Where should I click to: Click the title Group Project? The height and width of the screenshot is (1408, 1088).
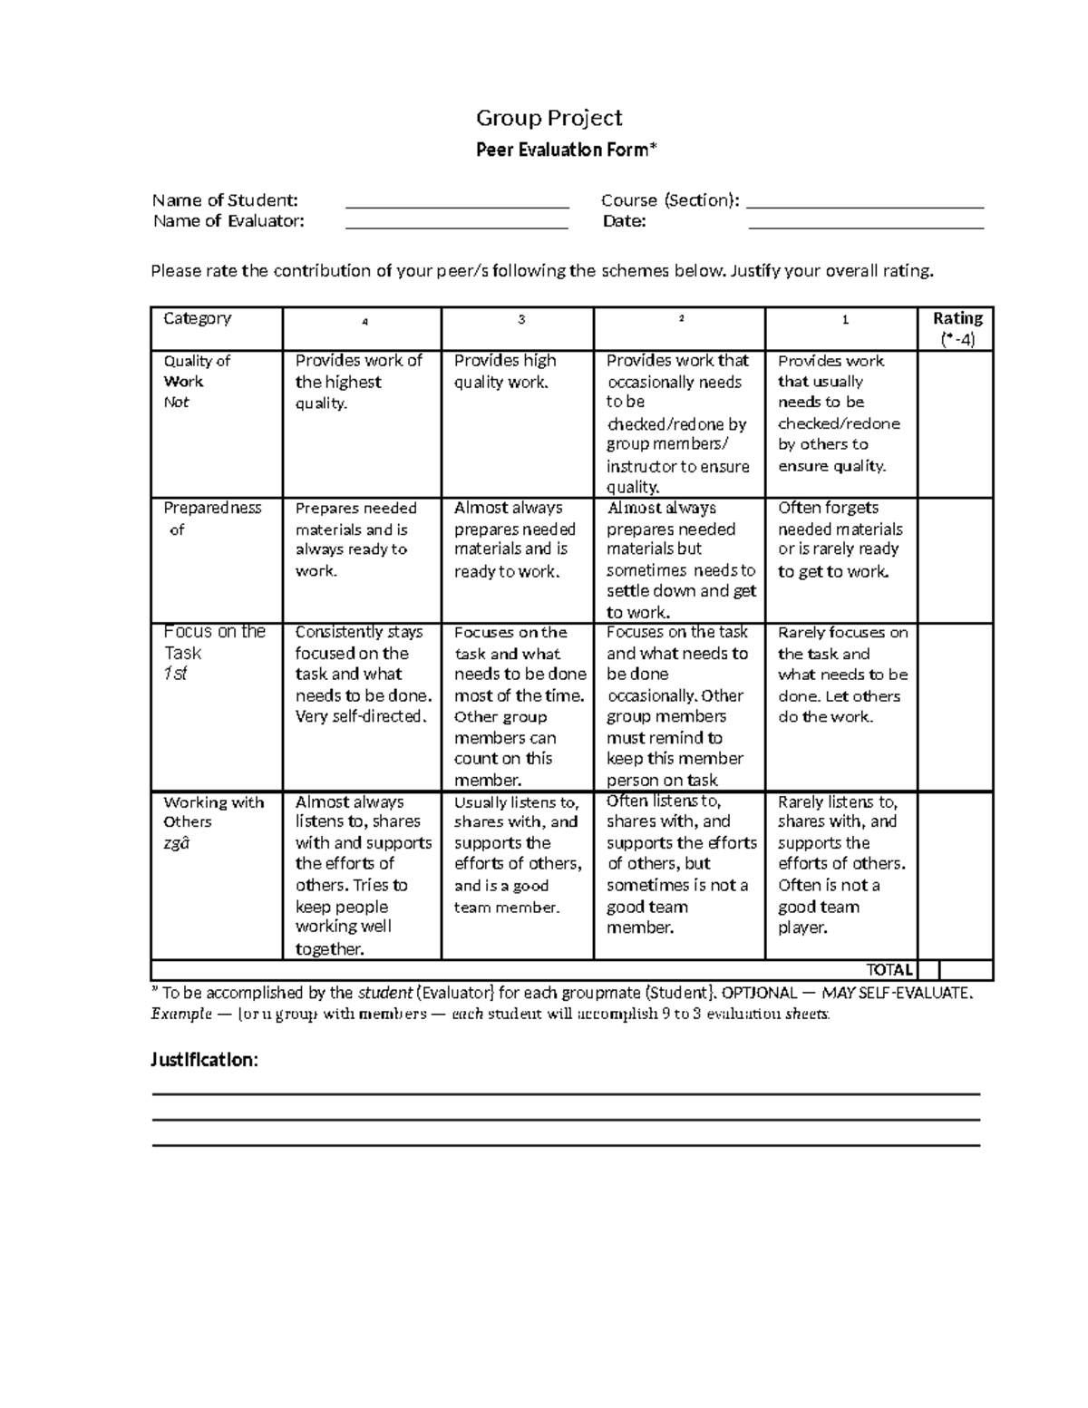[x=549, y=118]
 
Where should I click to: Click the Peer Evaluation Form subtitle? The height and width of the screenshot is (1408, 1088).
[x=563, y=151]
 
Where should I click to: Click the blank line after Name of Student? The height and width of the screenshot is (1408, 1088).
[x=457, y=201]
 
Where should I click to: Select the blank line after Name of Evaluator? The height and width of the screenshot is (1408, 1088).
[x=457, y=222]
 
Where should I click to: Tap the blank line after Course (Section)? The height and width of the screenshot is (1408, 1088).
[x=865, y=201]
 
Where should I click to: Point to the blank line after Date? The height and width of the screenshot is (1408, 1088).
[x=865, y=222]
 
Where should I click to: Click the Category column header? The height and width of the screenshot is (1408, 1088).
[x=198, y=318]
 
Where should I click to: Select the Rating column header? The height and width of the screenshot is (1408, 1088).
[x=957, y=328]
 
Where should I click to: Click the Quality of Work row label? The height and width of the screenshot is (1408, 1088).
[x=196, y=381]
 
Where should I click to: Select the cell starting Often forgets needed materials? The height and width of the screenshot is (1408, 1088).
[x=840, y=539]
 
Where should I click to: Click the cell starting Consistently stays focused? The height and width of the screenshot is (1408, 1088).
[x=362, y=675]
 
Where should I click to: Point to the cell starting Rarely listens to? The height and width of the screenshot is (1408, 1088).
[x=840, y=864]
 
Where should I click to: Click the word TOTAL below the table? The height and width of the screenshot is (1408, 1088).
[x=889, y=970]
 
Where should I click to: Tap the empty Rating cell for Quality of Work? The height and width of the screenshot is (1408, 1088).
[x=956, y=423]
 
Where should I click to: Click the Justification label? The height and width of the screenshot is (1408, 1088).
[x=204, y=1060]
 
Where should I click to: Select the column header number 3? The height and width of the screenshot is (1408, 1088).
[x=521, y=319]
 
